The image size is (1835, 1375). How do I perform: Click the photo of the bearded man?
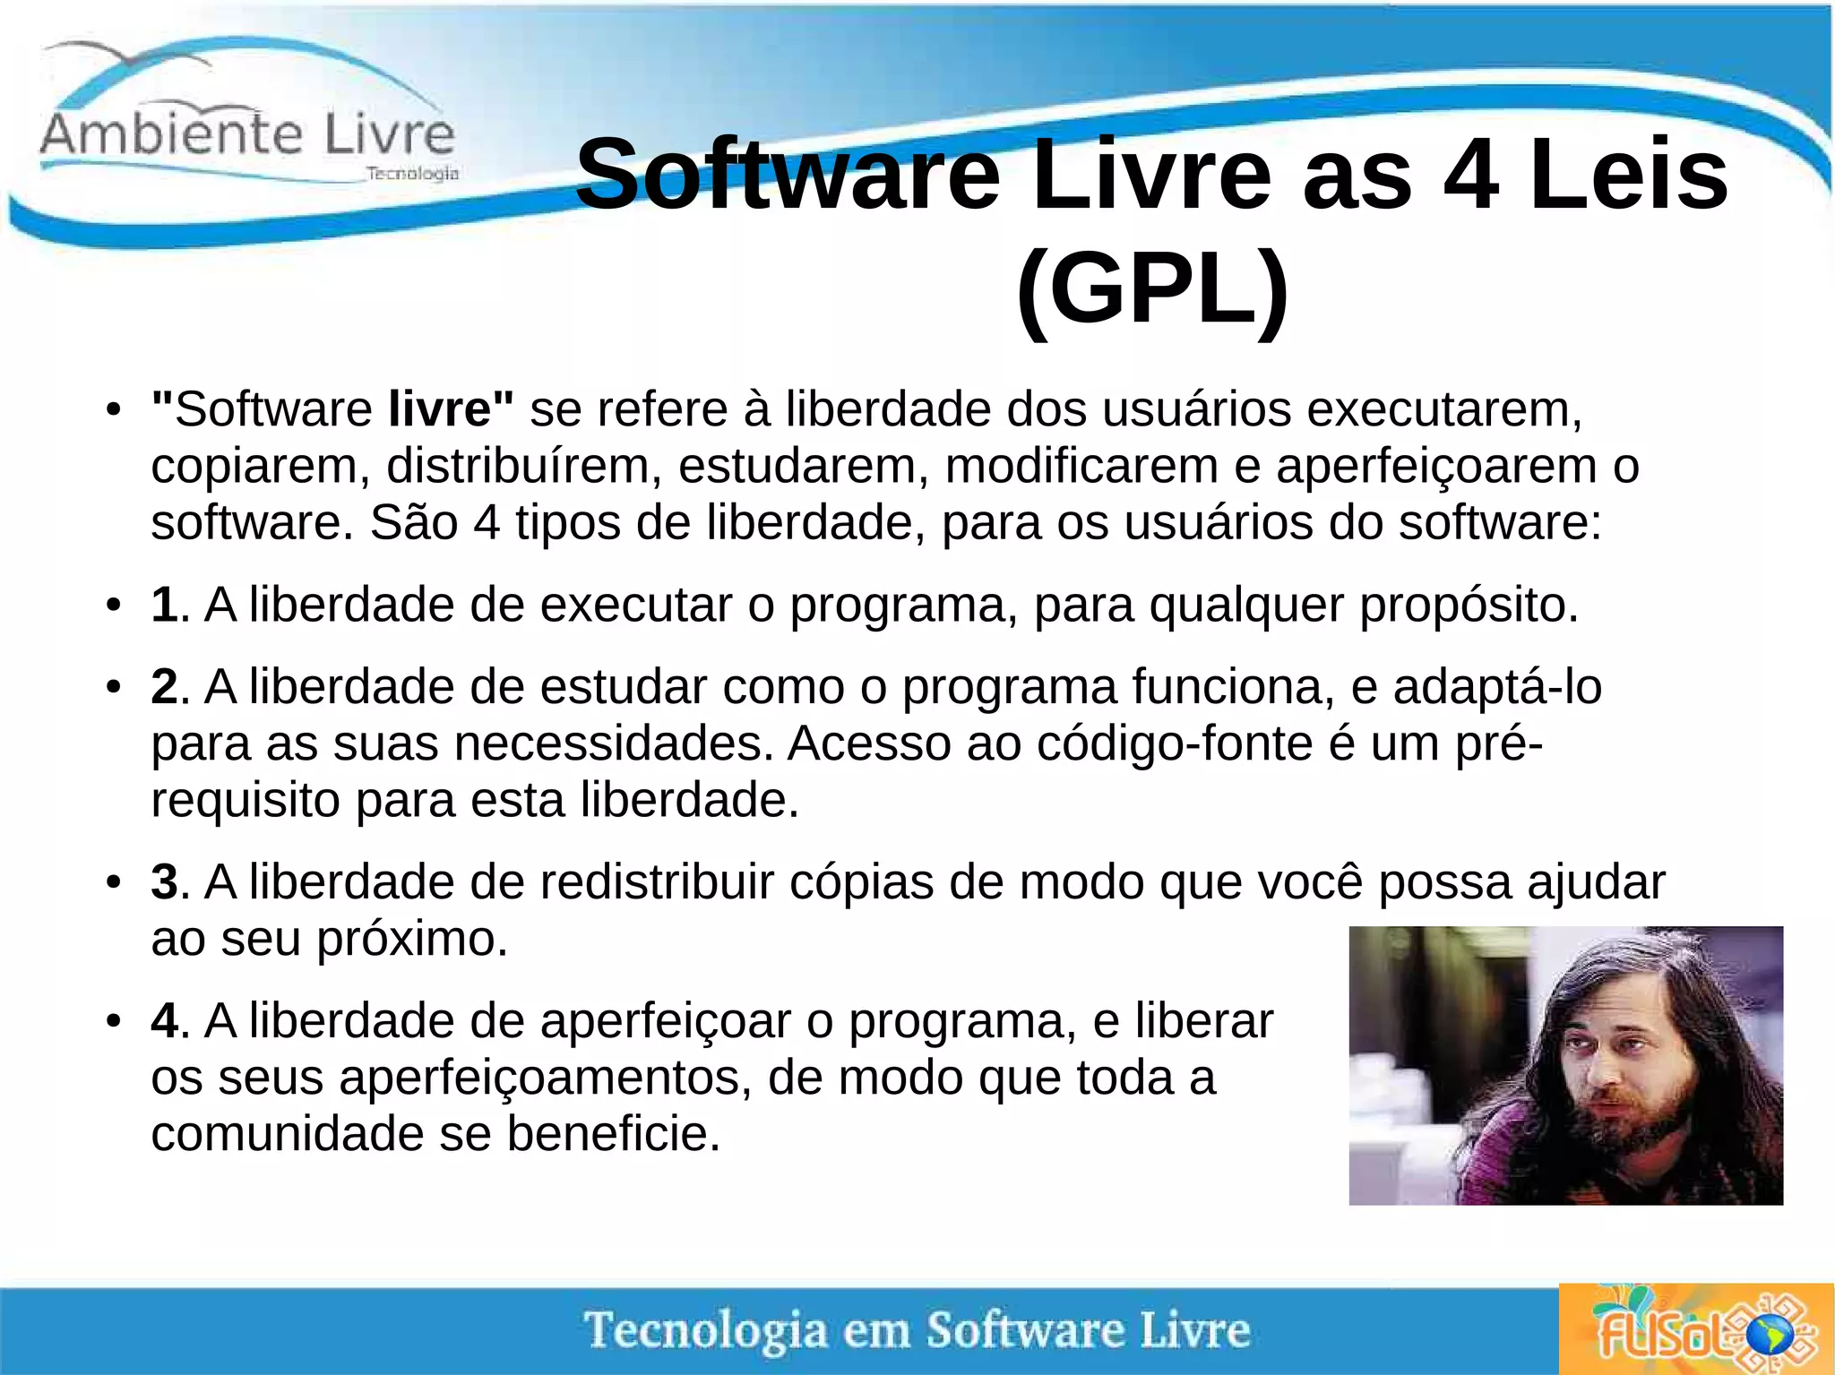[x=1565, y=1065]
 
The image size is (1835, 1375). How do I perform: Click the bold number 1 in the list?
[x=164, y=605]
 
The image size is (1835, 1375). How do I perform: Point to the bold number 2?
[x=164, y=687]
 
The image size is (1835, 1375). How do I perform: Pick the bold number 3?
[x=164, y=882]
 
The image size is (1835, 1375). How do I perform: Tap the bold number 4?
[x=164, y=1021]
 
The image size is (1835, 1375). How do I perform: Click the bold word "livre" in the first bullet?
[x=439, y=409]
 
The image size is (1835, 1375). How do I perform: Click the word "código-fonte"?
[x=1174, y=744]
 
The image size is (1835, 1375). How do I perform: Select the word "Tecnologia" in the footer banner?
[x=705, y=1330]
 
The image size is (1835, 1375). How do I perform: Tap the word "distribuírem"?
[x=524, y=467]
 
